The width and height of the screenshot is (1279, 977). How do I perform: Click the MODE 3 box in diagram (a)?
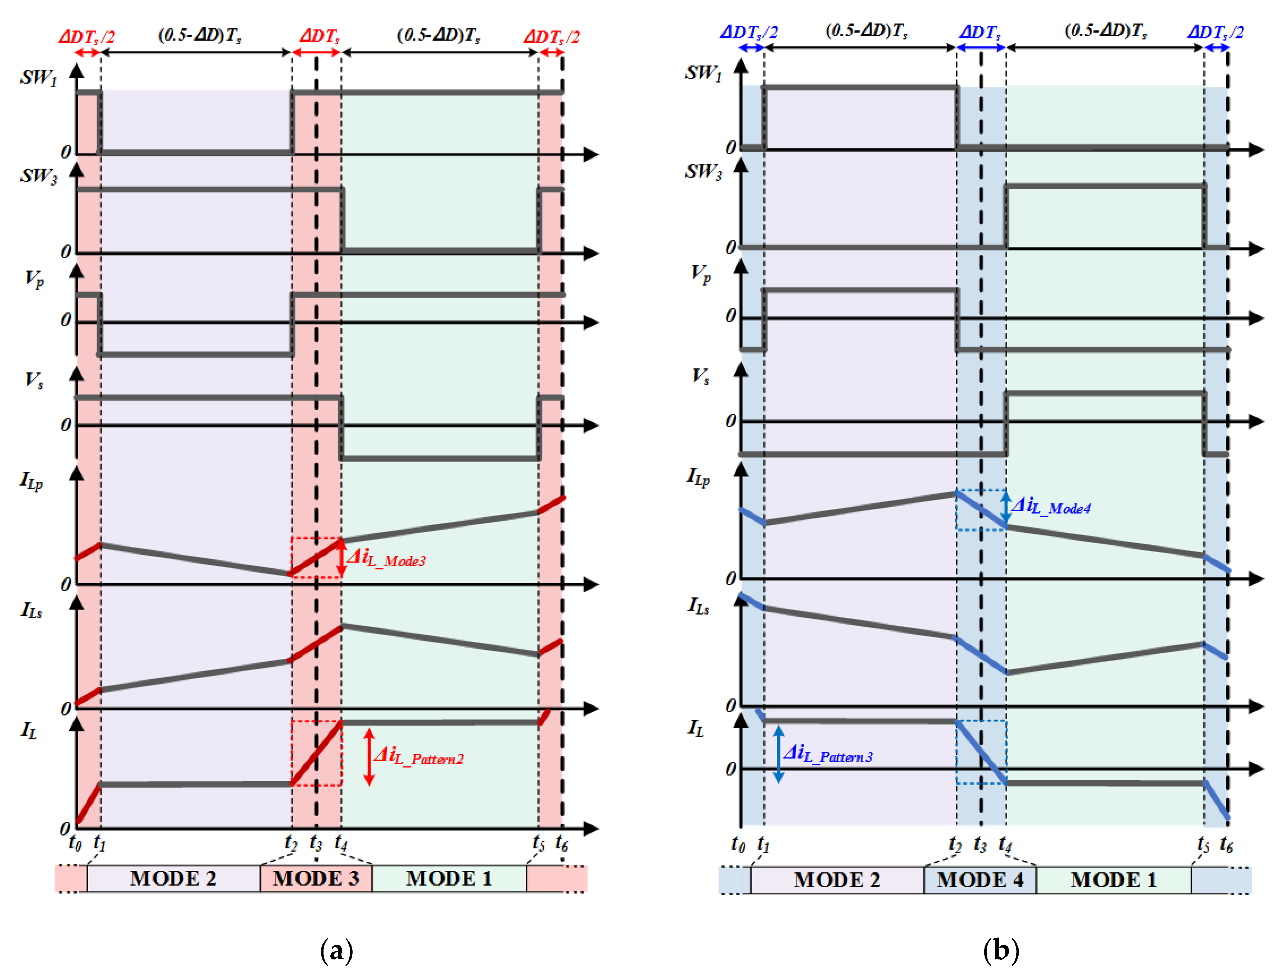point(316,878)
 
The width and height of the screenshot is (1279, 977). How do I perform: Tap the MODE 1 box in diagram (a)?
point(449,878)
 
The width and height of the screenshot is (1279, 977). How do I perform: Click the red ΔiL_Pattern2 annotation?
point(419,756)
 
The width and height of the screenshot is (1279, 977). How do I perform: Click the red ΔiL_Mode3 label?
point(387,559)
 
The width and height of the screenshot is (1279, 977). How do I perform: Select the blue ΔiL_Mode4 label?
point(1051,506)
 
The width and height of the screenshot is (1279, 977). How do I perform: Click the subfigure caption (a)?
point(336,950)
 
